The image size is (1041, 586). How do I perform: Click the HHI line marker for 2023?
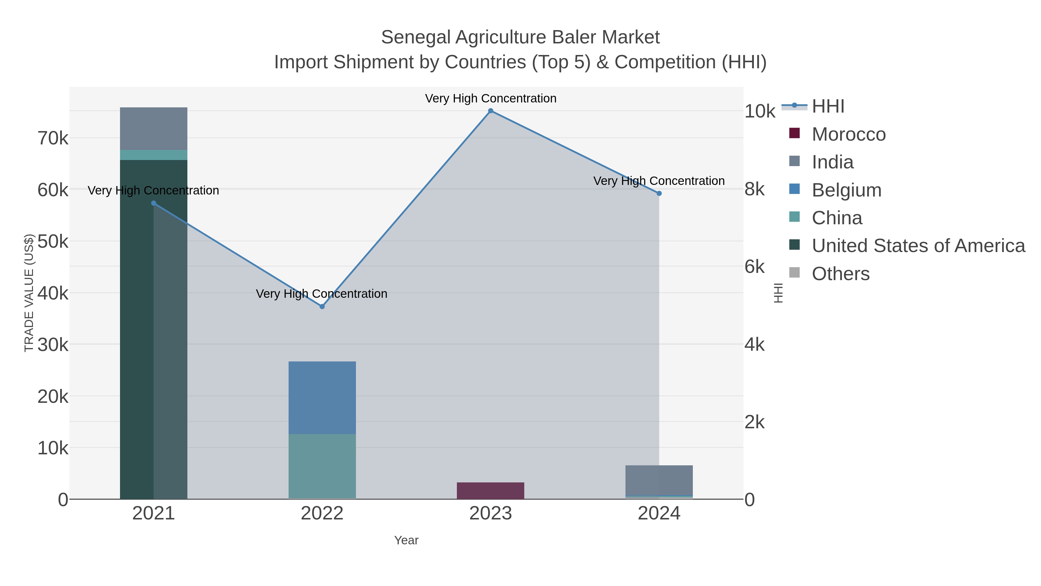coord(491,111)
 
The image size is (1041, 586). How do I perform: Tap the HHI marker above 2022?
coord(322,306)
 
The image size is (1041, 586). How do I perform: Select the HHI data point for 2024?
coord(659,194)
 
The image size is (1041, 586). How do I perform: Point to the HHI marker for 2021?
coord(154,203)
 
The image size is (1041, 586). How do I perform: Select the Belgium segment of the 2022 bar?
coord(322,398)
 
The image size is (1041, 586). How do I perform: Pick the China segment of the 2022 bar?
coord(322,466)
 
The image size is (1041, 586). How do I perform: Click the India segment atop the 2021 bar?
coord(154,128)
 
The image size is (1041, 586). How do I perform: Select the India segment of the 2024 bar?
coord(659,480)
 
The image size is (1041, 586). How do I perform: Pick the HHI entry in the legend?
coord(828,106)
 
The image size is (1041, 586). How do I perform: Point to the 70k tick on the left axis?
coord(53,138)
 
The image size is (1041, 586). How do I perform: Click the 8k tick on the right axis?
coord(754,189)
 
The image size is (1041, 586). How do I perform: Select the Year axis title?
coord(406,540)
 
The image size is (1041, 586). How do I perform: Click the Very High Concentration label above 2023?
coord(491,98)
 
